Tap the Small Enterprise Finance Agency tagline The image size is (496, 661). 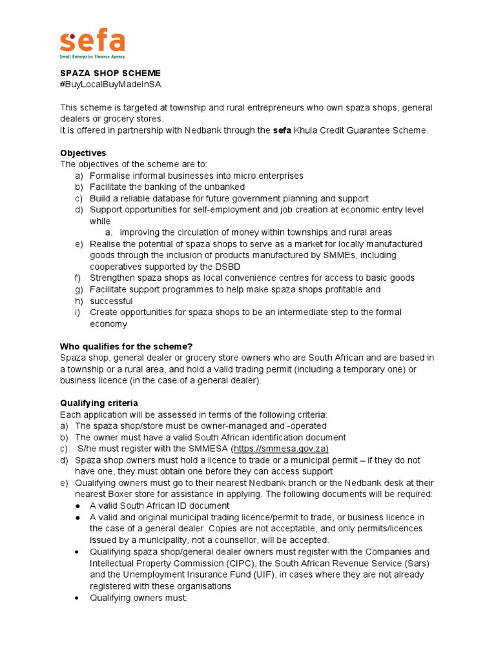click(92, 57)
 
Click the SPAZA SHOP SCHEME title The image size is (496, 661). click(110, 74)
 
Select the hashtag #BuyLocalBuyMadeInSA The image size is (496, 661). click(110, 85)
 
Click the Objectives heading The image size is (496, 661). click(83, 153)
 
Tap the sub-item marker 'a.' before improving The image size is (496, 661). click(110, 232)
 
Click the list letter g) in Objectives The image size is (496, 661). click(79, 289)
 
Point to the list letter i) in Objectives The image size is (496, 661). click(78, 312)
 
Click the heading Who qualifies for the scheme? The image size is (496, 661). click(127, 346)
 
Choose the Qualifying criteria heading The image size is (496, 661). click(99, 403)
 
